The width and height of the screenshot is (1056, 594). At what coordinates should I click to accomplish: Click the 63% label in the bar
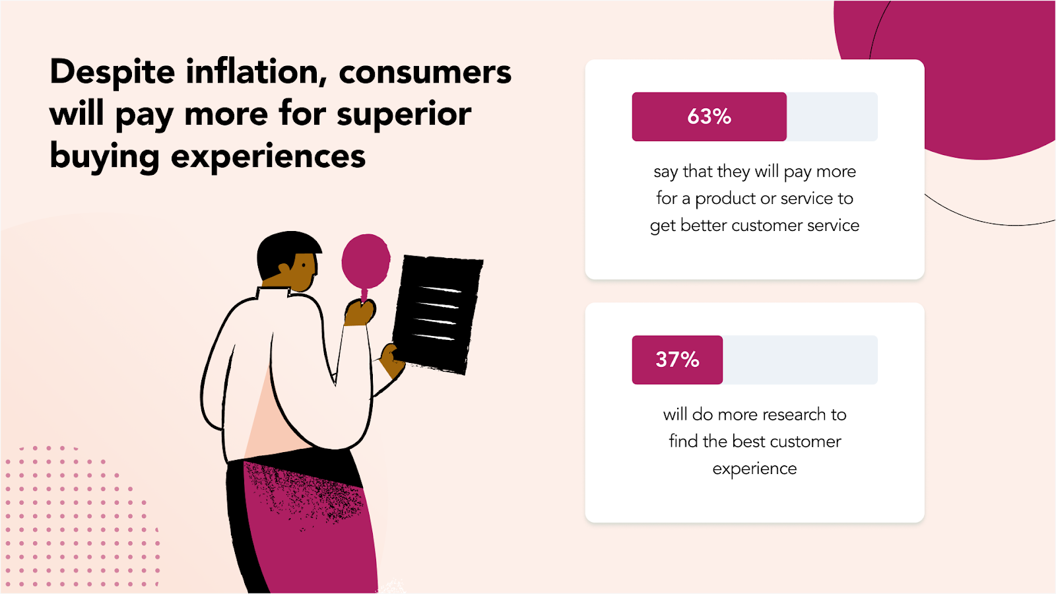pyautogui.click(x=709, y=116)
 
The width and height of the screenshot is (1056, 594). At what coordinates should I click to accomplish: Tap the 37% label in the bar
pyautogui.click(x=677, y=360)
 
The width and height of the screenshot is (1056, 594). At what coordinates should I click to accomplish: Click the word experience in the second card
pyautogui.click(x=754, y=469)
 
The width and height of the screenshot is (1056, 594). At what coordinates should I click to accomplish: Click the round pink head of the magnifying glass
pyautogui.click(x=366, y=261)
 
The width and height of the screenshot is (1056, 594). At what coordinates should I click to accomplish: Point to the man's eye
pyautogui.click(x=304, y=265)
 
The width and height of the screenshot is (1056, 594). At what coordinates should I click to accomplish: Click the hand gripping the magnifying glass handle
pyautogui.click(x=359, y=313)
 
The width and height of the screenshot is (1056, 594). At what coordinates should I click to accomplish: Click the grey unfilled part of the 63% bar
pyautogui.click(x=832, y=116)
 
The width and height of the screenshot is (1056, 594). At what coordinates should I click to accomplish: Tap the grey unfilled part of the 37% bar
pyautogui.click(x=800, y=360)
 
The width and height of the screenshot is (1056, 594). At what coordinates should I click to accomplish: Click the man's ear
pyautogui.click(x=284, y=269)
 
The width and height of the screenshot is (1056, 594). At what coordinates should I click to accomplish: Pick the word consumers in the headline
pyautogui.click(x=425, y=72)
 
